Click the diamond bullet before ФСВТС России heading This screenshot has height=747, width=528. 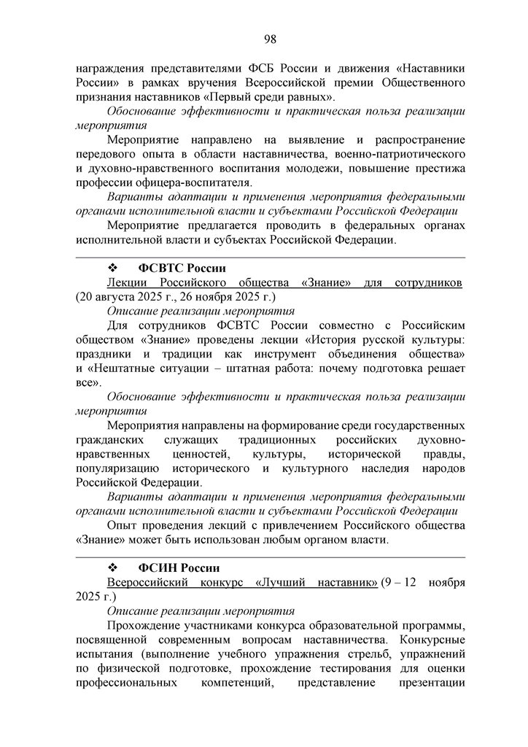point(112,268)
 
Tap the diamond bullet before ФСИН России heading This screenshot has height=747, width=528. point(112,568)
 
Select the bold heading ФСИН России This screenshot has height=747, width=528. point(174,568)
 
